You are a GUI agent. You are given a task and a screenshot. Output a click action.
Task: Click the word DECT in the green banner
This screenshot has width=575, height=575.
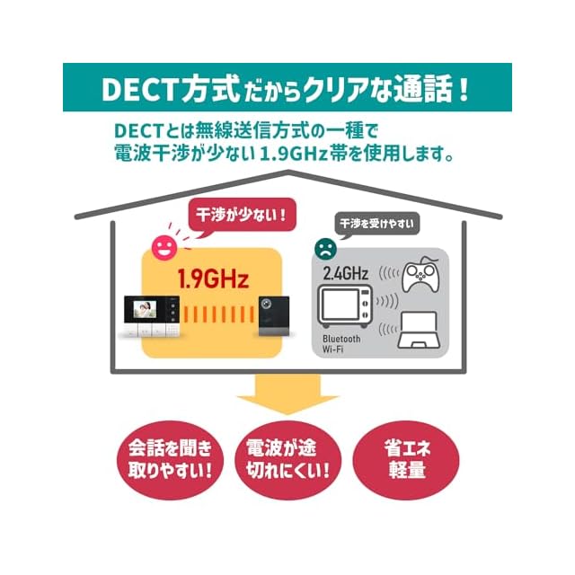(x=135, y=91)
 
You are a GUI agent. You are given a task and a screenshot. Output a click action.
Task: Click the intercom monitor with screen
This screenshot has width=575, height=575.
(x=152, y=318)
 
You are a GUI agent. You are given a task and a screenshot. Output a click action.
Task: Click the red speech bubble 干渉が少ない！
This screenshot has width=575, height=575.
(x=239, y=216)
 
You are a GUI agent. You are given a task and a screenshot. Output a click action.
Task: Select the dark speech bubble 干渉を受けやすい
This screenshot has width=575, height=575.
(x=379, y=223)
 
